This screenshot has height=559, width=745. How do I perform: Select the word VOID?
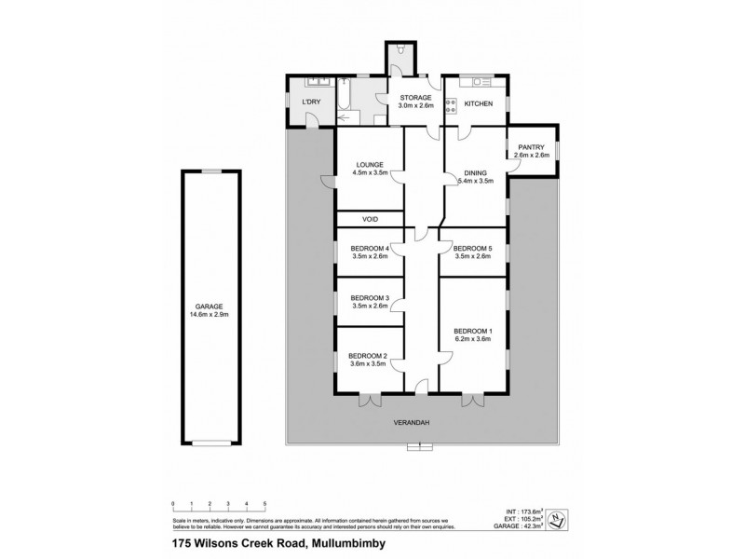point(370,219)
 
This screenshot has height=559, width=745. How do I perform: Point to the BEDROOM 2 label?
point(367,355)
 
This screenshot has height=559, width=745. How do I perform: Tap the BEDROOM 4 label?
point(369,248)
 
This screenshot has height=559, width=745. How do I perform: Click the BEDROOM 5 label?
point(471,248)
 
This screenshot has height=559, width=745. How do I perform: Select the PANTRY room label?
point(531,146)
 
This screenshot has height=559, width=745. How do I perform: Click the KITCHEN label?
point(478,103)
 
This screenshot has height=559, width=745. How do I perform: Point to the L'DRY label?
point(310,102)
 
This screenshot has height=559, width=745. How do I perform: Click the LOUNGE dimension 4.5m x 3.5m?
point(370,172)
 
